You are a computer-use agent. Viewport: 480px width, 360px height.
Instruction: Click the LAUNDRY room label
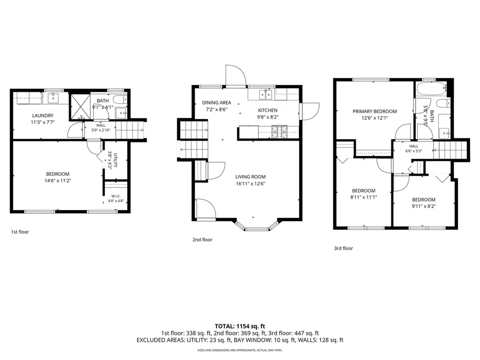pyautogui.click(x=43, y=116)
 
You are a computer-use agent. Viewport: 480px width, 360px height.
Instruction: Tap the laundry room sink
pyautogui.click(x=53, y=98)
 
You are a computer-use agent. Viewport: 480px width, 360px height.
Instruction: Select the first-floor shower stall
pyautogui.click(x=81, y=106)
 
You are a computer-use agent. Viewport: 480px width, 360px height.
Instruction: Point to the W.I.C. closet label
pyautogui.click(x=116, y=196)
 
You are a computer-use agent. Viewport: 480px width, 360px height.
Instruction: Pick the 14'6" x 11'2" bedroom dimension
pyautogui.click(x=58, y=180)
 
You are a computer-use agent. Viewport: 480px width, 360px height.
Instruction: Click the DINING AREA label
pyautogui.click(x=217, y=103)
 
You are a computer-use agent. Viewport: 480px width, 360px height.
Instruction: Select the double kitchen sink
pyautogui.click(x=266, y=95)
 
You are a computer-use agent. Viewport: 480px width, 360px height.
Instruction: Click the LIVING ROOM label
pyautogui.click(x=250, y=177)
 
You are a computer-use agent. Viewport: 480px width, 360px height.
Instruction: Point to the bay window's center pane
pyautogui.click(x=257, y=229)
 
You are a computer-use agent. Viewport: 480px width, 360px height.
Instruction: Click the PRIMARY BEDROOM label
pyautogui.click(x=375, y=112)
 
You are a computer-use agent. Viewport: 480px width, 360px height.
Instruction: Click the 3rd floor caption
pyautogui.click(x=344, y=248)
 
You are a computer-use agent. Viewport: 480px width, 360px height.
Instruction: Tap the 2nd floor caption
pyautogui.click(x=202, y=240)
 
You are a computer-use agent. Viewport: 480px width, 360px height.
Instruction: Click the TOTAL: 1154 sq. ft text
pyautogui.click(x=240, y=326)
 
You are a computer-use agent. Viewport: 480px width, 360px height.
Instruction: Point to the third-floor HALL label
pyautogui.click(x=413, y=146)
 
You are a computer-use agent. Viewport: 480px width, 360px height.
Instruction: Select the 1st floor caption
pyautogui.click(x=20, y=232)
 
